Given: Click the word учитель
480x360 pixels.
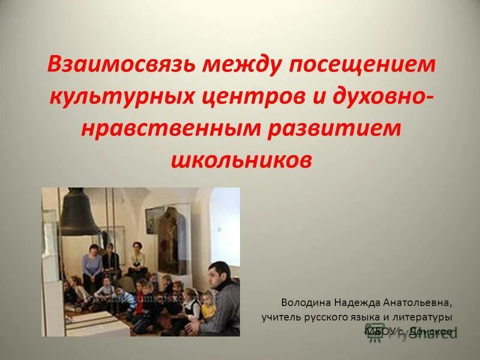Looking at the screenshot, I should pyautogui.click(x=280, y=316).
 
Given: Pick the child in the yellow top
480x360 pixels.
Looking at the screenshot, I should pyautogui.click(x=208, y=306).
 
